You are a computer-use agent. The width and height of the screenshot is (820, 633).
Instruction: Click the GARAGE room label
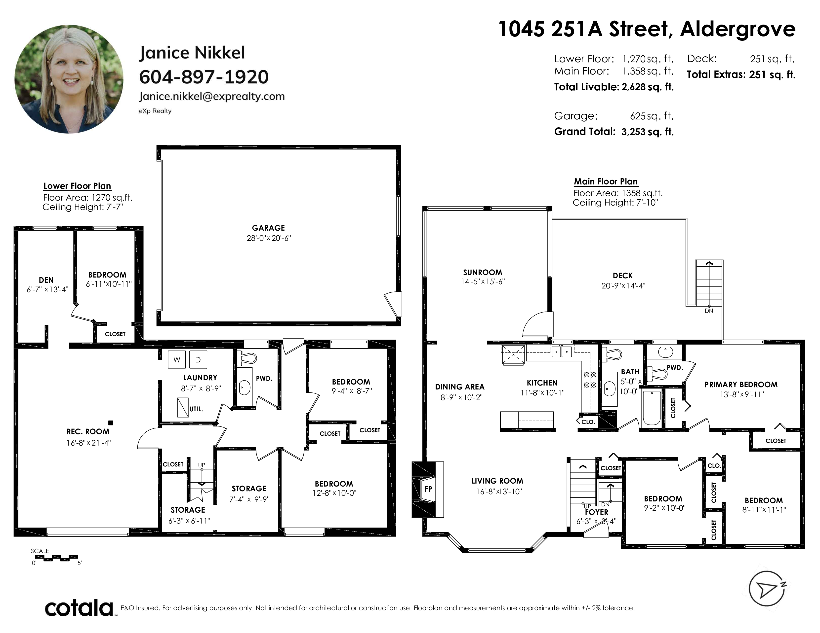268,228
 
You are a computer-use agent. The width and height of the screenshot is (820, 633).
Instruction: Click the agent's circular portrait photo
69,79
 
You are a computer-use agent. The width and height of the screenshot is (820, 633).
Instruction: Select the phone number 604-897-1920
204,77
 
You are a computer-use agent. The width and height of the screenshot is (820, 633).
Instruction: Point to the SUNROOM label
483,272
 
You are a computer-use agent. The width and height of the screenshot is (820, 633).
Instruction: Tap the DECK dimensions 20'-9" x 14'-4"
623,285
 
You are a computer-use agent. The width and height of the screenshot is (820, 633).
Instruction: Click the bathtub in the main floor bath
652,408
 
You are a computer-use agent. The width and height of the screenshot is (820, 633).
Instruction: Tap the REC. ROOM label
88,432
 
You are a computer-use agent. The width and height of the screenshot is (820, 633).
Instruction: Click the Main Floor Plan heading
606,181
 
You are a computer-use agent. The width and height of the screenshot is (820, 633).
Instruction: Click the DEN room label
46,280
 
